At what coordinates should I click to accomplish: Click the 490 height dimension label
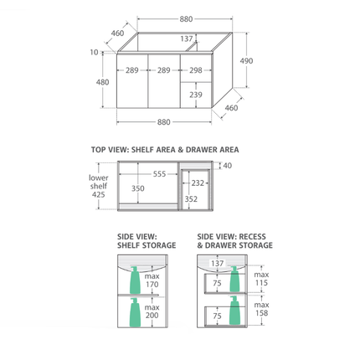pos(246,61)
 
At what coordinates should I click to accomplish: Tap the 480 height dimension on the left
pos(102,82)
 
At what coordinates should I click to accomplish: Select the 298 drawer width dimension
pos(196,70)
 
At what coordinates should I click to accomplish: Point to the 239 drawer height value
pos(196,95)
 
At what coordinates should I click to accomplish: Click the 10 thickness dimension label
pos(94,52)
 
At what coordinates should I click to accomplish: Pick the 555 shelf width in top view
pos(159,174)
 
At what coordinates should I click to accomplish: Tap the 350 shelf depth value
pos(138,188)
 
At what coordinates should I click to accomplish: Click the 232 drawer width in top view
pos(198,183)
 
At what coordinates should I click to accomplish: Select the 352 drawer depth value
pos(191,199)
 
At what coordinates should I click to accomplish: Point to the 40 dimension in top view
pos(228,166)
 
